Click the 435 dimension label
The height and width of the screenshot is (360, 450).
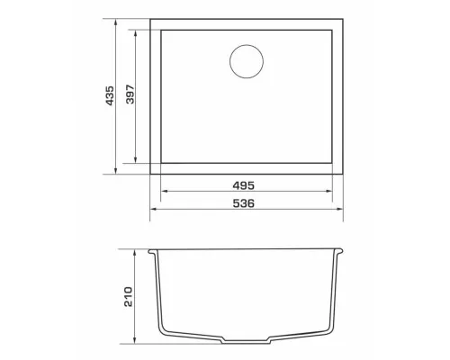click(x=110, y=95)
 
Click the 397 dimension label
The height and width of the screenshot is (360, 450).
click(x=130, y=94)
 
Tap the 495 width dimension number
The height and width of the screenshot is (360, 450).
click(x=244, y=186)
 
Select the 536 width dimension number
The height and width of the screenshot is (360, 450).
click(x=244, y=203)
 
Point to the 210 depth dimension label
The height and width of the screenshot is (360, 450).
click(x=128, y=297)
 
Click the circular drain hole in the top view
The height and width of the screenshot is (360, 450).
click(x=247, y=61)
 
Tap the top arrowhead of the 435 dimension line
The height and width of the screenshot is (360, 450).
click(x=116, y=22)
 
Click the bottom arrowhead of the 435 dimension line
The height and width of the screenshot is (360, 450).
click(x=116, y=171)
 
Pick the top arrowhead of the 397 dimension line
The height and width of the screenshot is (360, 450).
click(x=136, y=33)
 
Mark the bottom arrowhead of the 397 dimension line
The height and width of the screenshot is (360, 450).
click(x=136, y=160)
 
